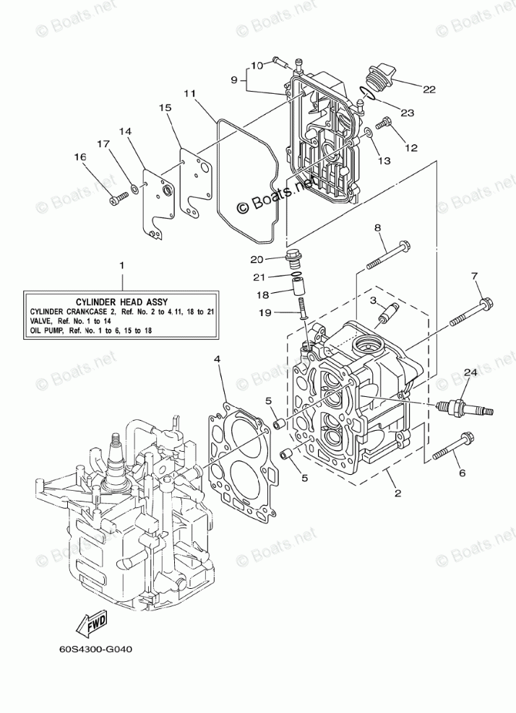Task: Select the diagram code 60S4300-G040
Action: click(x=96, y=647)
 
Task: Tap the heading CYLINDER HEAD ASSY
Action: click(x=121, y=300)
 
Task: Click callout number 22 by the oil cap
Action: click(x=429, y=89)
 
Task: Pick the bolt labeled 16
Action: click(x=115, y=200)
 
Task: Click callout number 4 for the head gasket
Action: click(x=218, y=359)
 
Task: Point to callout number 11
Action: click(x=189, y=93)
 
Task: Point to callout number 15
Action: click(x=165, y=108)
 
